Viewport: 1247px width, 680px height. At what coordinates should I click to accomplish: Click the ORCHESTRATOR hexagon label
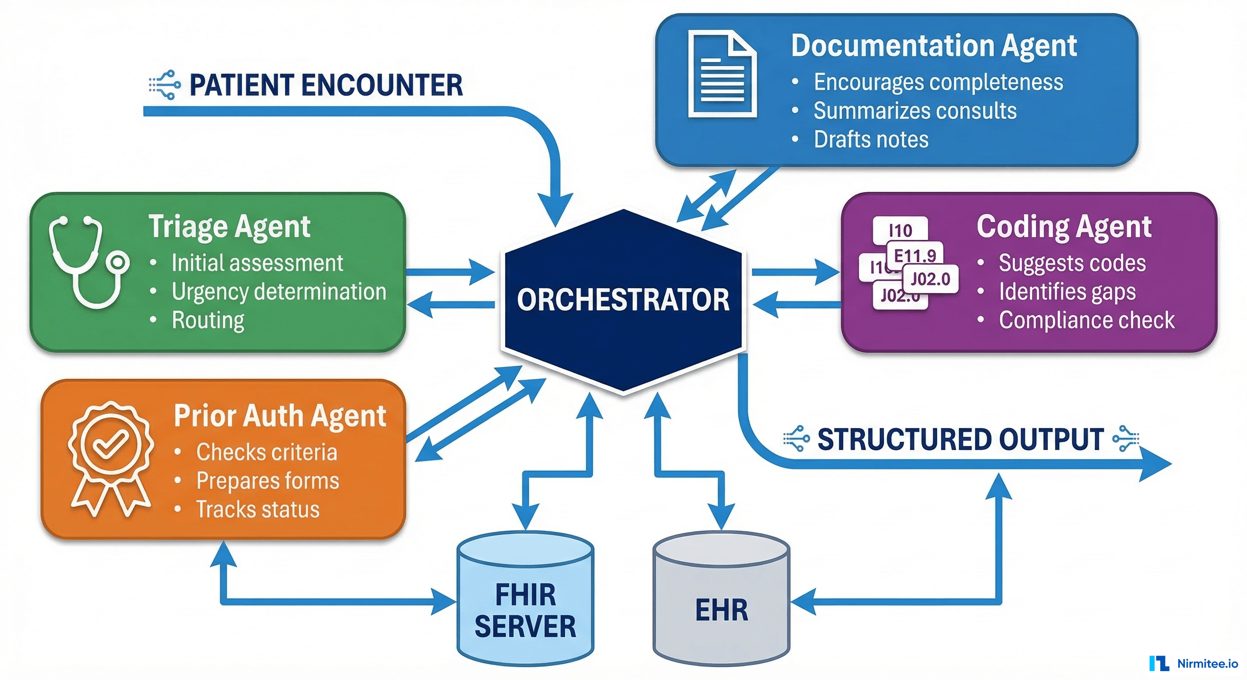coord(623,300)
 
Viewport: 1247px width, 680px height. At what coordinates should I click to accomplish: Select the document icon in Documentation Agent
coord(722,73)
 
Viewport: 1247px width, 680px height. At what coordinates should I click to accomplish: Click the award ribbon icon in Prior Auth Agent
coord(111,457)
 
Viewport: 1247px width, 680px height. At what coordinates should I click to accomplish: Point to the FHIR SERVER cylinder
coord(525,600)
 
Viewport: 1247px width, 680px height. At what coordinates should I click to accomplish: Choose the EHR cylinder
coord(721,600)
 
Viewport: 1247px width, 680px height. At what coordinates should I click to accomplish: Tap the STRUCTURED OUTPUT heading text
coord(960,440)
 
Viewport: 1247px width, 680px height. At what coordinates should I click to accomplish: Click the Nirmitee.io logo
coord(1194,663)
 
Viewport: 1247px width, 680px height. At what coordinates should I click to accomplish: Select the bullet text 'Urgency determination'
coord(279,291)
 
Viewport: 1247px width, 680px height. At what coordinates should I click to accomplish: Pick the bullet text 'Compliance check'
coord(1087,320)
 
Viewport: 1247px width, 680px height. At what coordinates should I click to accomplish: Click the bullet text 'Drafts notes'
coord(871,139)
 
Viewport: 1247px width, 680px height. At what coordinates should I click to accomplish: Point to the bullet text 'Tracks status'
coord(258,509)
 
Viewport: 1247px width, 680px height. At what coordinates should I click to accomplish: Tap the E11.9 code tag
coord(915,255)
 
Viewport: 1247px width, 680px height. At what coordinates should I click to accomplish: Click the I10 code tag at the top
coord(900,230)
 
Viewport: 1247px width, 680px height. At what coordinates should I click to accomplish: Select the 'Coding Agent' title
coord(1064,227)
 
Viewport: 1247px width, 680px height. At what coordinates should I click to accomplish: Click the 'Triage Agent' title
coord(229,227)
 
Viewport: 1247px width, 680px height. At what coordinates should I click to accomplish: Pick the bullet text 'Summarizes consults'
coord(915,110)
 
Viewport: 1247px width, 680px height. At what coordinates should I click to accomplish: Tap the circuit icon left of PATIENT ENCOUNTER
coord(165,85)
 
